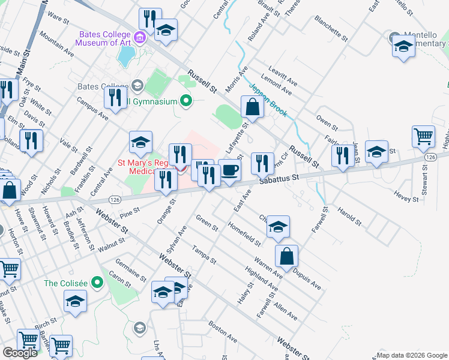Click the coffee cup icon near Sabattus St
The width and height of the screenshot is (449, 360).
(229, 170)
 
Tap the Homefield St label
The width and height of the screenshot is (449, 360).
(244, 234)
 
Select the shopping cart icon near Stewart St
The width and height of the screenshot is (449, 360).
(423, 137)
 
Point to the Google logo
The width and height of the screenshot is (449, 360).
(20, 353)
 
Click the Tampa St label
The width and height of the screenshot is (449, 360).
(203, 254)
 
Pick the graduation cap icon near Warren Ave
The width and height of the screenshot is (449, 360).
(278, 227)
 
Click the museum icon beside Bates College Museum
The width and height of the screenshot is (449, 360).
(140, 38)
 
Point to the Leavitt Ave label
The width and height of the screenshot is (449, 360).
(284, 76)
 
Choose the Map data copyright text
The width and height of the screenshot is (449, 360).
(411, 355)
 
